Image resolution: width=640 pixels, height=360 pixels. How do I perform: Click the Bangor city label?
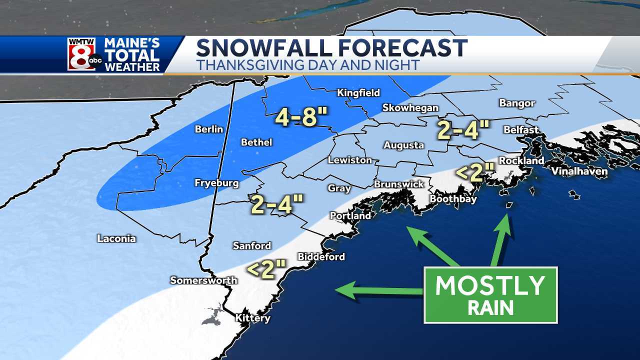pyautogui.click(x=517, y=103)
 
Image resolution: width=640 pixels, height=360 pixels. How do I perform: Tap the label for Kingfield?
pyautogui.click(x=358, y=92)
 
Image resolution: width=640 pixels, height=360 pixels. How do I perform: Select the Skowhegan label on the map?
pyautogui.click(x=410, y=107)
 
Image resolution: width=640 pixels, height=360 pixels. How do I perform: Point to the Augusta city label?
pyautogui.click(x=403, y=145)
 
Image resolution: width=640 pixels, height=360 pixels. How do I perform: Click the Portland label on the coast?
pyautogui.click(x=350, y=215)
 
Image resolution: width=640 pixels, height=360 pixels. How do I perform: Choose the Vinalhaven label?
pyautogui.click(x=579, y=171)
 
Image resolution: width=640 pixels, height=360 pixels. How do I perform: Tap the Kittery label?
pyautogui.click(x=252, y=318)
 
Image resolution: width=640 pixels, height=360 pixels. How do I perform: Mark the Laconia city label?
pyautogui.click(x=116, y=238)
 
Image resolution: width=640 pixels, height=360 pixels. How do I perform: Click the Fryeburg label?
pyautogui.click(x=216, y=183)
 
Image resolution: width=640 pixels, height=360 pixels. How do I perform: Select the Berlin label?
pyautogui.click(x=209, y=129)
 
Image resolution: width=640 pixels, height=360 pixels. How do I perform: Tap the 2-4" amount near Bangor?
pyautogui.click(x=463, y=129)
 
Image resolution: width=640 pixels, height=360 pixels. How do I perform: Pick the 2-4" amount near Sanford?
pyautogui.click(x=277, y=204)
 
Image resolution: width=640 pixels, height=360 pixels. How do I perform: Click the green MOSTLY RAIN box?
pyautogui.click(x=490, y=295)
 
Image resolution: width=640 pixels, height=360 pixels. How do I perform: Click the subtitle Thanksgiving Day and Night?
pyautogui.click(x=307, y=65)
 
